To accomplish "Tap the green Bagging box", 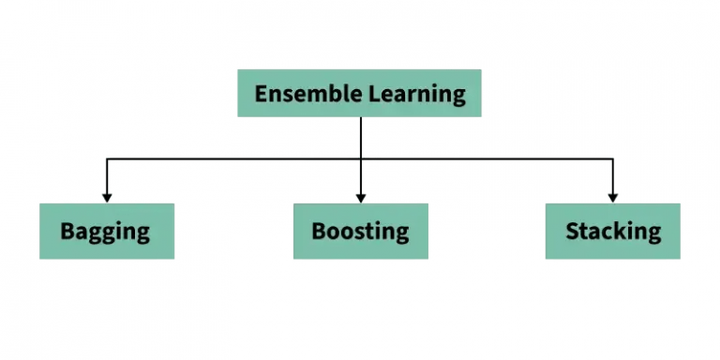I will tap(107, 231).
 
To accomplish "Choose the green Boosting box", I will tap(360, 231).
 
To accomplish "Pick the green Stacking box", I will tap(613, 231).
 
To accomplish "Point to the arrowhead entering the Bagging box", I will tap(107, 197).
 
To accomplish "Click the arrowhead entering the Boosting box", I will tap(360, 197).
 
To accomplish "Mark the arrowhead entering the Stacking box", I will tap(613, 197).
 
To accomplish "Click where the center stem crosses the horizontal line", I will tap(360, 160).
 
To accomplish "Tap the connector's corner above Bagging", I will tap(107, 160).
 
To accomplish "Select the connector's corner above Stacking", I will tap(613, 160).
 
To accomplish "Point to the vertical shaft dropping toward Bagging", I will tap(107, 178).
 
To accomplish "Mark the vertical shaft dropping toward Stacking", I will tap(613, 178).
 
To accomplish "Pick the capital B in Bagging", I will tap(67, 231).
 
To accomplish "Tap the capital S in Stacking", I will tap(572, 231).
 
